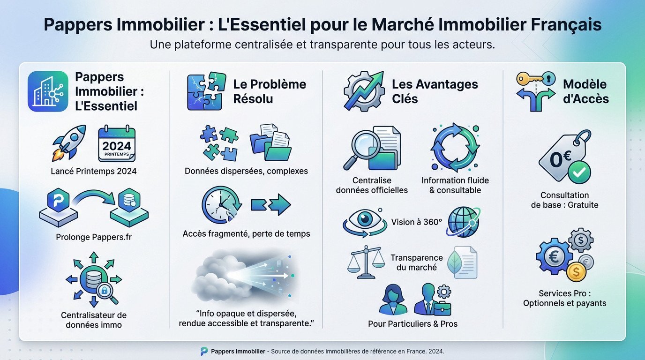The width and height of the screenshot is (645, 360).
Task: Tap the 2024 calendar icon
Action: [x=117, y=145]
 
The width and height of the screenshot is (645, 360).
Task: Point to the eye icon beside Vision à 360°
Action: [x=361, y=222]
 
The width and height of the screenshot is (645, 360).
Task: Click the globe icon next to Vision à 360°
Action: [x=463, y=222]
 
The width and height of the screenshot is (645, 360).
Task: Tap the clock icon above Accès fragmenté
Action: [x=221, y=204]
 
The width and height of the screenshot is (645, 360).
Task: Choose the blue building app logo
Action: [x=48, y=91]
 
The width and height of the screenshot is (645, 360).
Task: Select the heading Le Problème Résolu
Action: [x=270, y=91]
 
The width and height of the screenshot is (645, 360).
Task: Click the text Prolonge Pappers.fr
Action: [x=93, y=237]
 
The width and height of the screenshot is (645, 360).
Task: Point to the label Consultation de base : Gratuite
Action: [x=564, y=200]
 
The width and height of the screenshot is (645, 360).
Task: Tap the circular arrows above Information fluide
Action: [x=454, y=147]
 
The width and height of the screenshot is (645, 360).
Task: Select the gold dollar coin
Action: [x=576, y=271]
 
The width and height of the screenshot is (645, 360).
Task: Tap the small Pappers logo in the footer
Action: [x=204, y=351]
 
